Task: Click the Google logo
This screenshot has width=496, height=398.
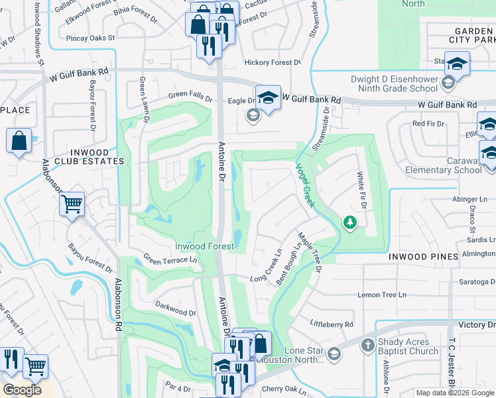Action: click(23, 390)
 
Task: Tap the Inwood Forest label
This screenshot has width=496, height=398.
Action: click(204, 247)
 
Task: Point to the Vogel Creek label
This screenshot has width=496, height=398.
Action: click(305, 186)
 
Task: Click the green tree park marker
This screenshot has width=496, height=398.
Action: click(349, 222)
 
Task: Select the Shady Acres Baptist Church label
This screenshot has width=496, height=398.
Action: click(408, 346)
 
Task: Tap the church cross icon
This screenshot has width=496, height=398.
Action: click(368, 345)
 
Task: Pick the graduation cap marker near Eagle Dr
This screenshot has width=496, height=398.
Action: click(268, 98)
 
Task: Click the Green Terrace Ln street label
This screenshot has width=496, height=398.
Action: click(170, 260)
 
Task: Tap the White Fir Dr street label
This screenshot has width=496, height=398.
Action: click(362, 190)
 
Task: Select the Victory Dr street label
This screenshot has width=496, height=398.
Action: click(477, 324)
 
